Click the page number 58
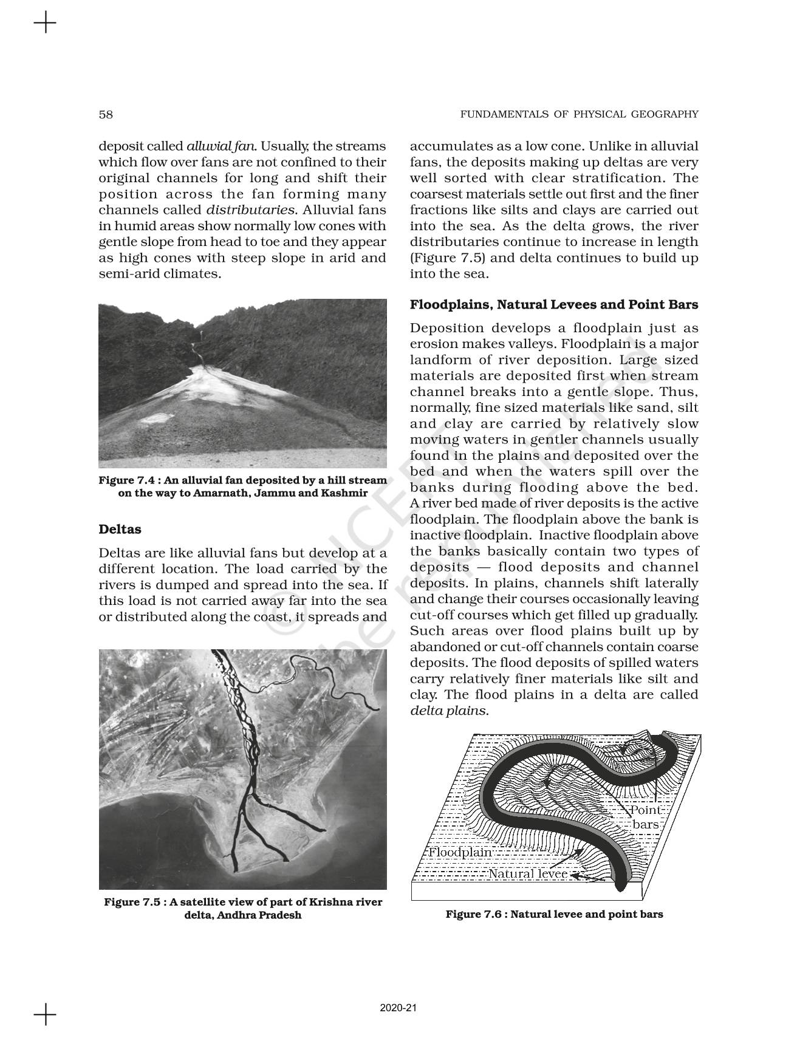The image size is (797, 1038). point(106,114)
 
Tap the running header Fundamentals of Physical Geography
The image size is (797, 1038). point(579,114)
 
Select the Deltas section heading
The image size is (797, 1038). point(120,529)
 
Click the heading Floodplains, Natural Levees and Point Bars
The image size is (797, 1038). point(553,304)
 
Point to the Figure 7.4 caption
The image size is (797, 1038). point(242,487)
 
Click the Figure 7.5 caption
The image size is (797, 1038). point(242,908)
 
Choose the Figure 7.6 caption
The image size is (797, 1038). point(554,913)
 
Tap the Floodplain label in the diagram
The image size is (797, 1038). point(460,852)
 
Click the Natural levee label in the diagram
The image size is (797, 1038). point(528,874)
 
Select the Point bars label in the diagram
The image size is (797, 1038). point(646,817)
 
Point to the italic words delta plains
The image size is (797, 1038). point(448,711)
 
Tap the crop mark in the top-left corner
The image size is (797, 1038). point(45,24)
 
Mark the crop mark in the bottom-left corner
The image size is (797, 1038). point(45,1014)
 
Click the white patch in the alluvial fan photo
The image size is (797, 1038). point(154,418)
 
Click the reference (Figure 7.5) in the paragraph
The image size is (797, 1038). point(448,258)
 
